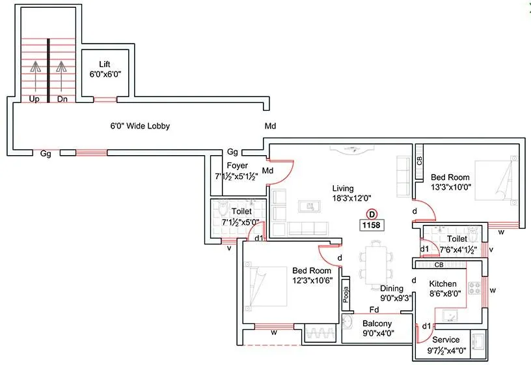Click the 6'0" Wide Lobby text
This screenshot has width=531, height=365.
click(139, 126)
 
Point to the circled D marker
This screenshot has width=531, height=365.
click(372, 213)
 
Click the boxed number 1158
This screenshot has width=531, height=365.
click(372, 225)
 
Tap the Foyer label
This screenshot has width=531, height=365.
click(238, 166)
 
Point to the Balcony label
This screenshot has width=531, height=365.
click(377, 323)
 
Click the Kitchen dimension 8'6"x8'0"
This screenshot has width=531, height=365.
click(444, 293)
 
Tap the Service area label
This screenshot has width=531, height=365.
click(446, 340)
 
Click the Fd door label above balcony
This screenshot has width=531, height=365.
click(375, 309)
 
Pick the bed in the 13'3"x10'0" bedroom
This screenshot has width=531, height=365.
click(495, 186)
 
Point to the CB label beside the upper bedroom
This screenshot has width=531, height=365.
click(420, 161)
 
